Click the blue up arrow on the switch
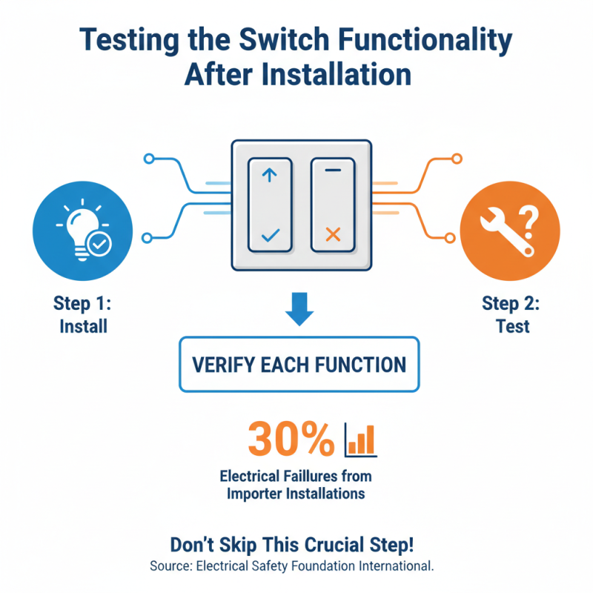tap(269, 176)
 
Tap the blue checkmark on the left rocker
tap(270, 236)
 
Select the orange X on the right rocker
tap(333, 236)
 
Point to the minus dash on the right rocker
tap(333, 170)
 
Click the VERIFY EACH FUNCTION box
tap(299, 364)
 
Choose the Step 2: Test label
tap(511, 314)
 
